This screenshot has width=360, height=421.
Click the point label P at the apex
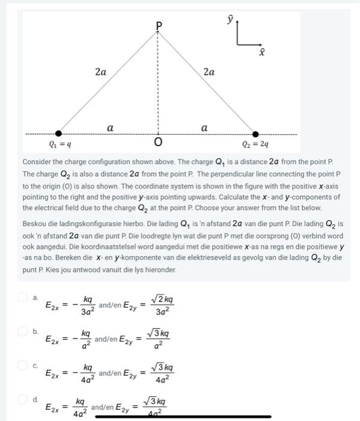(x=159, y=25)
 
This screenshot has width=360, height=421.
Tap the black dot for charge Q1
(x=58, y=134)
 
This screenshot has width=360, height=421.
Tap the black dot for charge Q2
(x=255, y=134)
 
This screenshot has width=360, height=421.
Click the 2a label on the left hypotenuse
(x=101, y=72)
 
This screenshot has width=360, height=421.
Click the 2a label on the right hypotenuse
(x=209, y=72)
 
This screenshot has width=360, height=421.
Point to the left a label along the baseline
(x=110, y=128)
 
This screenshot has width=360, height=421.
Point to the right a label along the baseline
(x=205, y=128)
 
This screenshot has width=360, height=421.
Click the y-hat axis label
(x=229, y=20)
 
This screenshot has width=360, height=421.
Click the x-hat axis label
(x=261, y=54)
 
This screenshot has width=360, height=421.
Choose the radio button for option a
(x=23, y=297)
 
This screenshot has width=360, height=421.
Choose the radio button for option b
(x=23, y=331)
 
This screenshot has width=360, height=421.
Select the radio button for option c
(x=23, y=366)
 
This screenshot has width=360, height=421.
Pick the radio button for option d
(x=23, y=399)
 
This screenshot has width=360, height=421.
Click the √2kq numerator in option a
(x=161, y=299)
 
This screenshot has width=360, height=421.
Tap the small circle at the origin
(x=158, y=134)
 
